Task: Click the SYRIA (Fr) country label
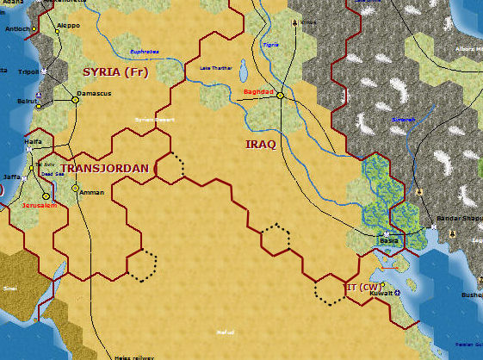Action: point(115,71)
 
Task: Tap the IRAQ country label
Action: point(261,145)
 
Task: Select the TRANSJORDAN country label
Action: point(106,168)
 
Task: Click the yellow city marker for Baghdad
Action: point(281,96)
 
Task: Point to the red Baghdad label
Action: point(257,91)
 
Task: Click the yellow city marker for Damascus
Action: point(75,100)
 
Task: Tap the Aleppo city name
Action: point(67,26)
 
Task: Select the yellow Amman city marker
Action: point(75,188)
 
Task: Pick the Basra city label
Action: point(390,241)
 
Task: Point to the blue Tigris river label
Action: point(271,44)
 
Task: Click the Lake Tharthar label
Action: point(216,67)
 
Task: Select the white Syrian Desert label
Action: point(150,119)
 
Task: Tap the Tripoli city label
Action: point(28,71)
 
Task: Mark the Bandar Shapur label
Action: point(459,219)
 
